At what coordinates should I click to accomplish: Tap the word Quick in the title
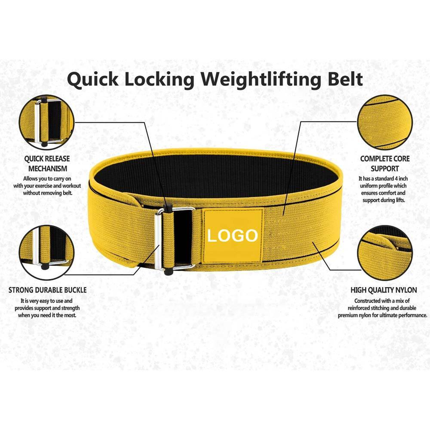pos(93,80)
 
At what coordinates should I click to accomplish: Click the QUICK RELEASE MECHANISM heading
pos(47,163)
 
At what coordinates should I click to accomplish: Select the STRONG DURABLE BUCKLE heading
pos(47,290)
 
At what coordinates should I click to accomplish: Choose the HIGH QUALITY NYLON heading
pos(384,290)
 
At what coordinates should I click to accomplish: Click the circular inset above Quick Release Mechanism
pos(47,122)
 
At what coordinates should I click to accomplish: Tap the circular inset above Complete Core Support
pos(386,122)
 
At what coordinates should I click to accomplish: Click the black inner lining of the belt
pos(215,172)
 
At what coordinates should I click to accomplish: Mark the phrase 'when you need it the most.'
pos(47,315)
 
